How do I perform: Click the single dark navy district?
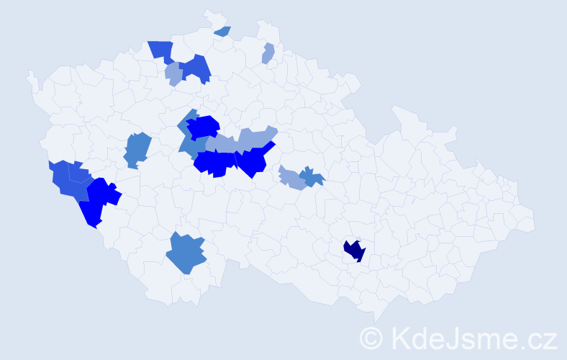tap(354, 251)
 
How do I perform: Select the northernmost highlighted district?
tap(222, 31)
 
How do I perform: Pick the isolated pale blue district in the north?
tap(268, 53)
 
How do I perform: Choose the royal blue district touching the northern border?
tap(162, 50)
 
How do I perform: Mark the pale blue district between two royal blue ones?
tap(173, 73)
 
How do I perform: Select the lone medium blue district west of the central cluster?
tap(137, 149)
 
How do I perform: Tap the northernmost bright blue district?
tap(203, 127)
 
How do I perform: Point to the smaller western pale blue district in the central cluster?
tap(220, 144)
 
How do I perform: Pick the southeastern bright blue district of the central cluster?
tap(253, 160)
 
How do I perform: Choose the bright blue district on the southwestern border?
tap(97, 200)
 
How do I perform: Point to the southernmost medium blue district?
tap(186, 253)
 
